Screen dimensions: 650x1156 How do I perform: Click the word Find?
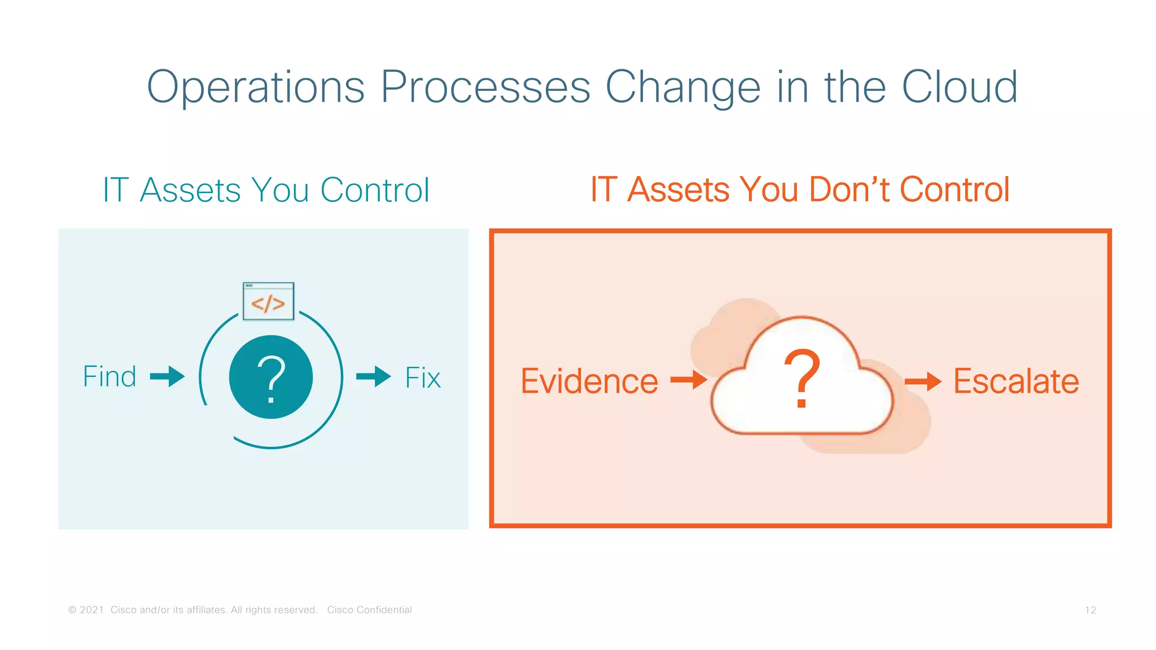click(110, 376)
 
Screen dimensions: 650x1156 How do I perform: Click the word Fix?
click(423, 377)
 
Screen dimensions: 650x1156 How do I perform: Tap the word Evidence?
click(589, 381)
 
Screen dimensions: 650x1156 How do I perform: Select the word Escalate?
click(1016, 381)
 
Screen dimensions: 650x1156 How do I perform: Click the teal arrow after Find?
click(168, 376)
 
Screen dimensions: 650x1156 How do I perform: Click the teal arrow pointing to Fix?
click(374, 376)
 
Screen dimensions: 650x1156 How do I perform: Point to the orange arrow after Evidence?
click(689, 380)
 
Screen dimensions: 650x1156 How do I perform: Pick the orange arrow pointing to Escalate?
click(923, 381)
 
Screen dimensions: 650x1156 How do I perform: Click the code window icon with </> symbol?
click(268, 301)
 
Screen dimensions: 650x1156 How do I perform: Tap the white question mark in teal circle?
click(271, 377)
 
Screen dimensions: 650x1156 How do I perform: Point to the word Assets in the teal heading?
click(191, 190)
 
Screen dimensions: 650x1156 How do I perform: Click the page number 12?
click(1090, 610)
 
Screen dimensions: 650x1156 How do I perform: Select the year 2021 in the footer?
click(91, 610)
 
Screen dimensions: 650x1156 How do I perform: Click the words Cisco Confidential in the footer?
click(369, 610)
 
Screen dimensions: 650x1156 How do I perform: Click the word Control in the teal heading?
click(375, 190)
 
